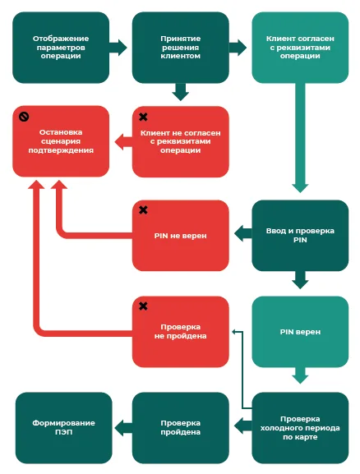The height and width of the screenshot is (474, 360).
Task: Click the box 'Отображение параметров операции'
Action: click(x=61, y=48)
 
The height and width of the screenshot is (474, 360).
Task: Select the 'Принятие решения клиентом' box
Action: click(x=181, y=48)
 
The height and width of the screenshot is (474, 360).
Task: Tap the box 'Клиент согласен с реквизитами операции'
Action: click(x=300, y=48)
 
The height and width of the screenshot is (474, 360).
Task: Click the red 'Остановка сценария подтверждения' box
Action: click(x=61, y=141)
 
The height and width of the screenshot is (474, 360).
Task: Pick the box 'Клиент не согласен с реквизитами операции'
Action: click(x=181, y=141)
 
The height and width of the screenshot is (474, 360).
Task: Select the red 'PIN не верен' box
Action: click(x=181, y=236)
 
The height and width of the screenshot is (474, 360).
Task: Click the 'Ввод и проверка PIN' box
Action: click(x=300, y=236)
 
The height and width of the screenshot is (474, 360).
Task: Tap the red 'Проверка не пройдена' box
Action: click(x=181, y=332)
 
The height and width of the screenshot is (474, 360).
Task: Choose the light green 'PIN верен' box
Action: click(x=300, y=332)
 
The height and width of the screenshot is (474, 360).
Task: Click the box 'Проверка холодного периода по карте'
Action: click(x=300, y=428)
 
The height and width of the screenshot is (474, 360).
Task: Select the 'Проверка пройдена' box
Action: click(x=181, y=428)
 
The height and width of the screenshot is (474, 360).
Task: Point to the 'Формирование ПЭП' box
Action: click(x=64, y=428)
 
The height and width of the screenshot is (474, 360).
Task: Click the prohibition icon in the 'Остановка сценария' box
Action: click(x=24, y=117)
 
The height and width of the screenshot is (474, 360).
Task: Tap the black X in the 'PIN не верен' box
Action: click(x=143, y=209)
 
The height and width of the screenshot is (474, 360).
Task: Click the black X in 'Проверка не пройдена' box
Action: click(x=143, y=306)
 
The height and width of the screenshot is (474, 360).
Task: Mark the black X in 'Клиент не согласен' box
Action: click(x=143, y=117)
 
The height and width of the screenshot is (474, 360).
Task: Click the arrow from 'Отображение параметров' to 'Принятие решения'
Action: click(x=118, y=48)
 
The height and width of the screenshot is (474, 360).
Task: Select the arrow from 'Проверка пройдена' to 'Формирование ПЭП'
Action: click(x=123, y=428)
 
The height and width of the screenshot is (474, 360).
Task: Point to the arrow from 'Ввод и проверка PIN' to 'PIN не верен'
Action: click(x=243, y=233)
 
